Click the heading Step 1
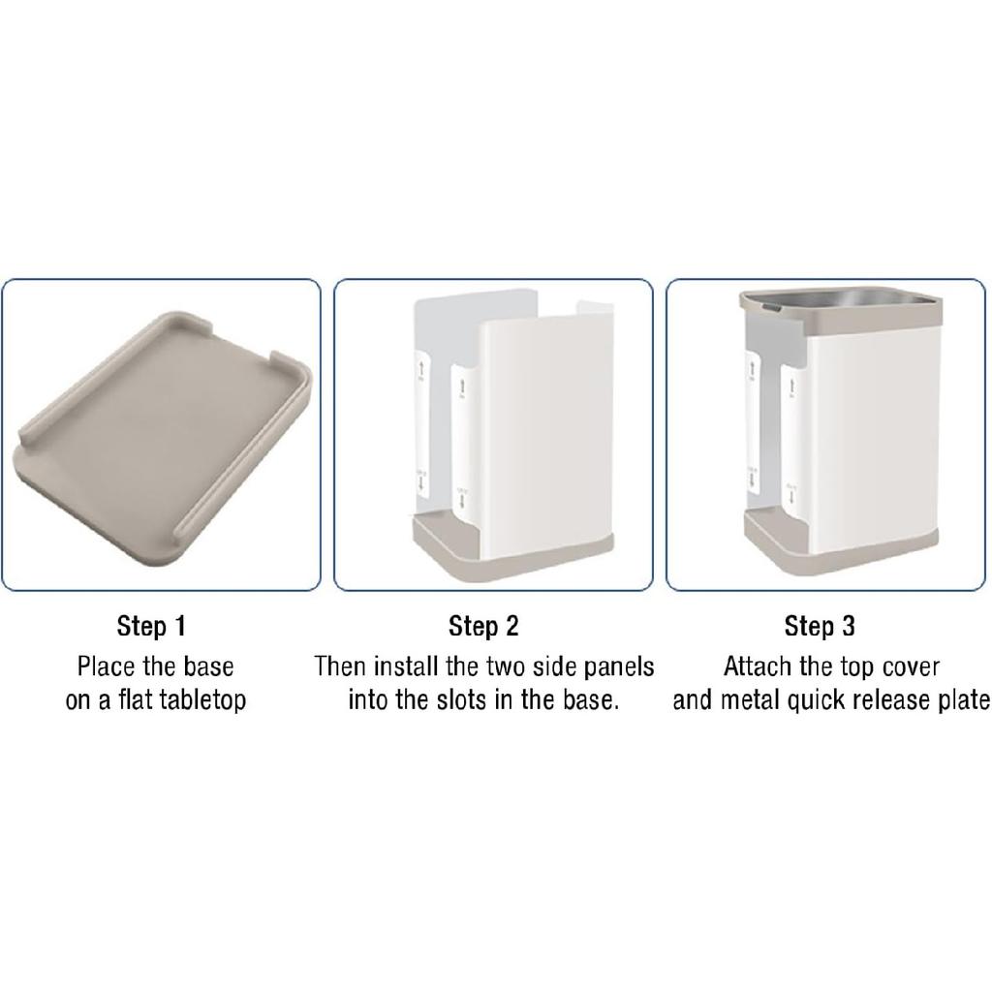click(151, 626)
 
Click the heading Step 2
click(483, 626)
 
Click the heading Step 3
click(820, 626)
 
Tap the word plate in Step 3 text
click(961, 699)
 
